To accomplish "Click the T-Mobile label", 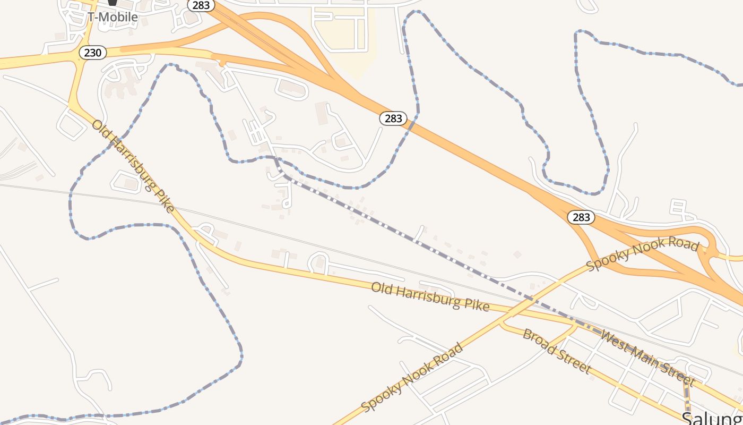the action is coord(113,17).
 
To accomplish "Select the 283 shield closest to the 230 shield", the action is coord(201,5).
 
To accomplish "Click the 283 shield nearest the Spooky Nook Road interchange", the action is coord(581,217).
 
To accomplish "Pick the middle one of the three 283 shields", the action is coord(393,118).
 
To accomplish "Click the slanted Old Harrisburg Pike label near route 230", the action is coord(133,166).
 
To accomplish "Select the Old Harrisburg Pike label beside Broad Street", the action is coord(430,296).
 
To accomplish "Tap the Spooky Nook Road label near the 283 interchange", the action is coord(643,254).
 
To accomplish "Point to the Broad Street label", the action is coord(557,351).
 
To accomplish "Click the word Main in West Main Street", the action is coord(643,356).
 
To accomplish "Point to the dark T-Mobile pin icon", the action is coord(113,3).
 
